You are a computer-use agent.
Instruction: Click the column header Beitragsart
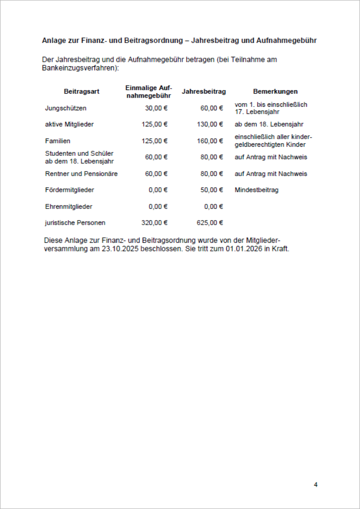tap(82, 92)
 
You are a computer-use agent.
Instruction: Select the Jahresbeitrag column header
tap(204, 92)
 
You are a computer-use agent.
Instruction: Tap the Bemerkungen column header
tap(275, 92)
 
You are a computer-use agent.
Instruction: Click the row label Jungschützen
tap(66, 108)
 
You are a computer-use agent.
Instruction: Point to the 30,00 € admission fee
tap(156, 108)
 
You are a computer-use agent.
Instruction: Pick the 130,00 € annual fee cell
tap(210, 124)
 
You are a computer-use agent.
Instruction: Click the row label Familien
tap(58, 141)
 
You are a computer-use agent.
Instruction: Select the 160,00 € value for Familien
tap(210, 141)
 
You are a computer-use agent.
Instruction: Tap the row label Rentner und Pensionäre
tap(81, 174)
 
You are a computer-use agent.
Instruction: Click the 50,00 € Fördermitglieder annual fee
tap(212, 190)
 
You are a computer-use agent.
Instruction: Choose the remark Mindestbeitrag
tap(257, 190)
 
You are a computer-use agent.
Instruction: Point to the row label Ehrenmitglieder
tap(69, 206)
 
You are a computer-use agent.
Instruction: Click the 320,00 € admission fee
tap(154, 223)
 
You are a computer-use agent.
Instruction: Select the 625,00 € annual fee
tap(210, 223)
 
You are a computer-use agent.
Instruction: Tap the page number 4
tap(315, 485)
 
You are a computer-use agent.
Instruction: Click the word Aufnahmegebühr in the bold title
tap(290, 40)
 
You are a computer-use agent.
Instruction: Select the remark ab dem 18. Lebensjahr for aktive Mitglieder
tap(269, 124)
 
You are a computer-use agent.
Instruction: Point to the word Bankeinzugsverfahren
tap(79, 67)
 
